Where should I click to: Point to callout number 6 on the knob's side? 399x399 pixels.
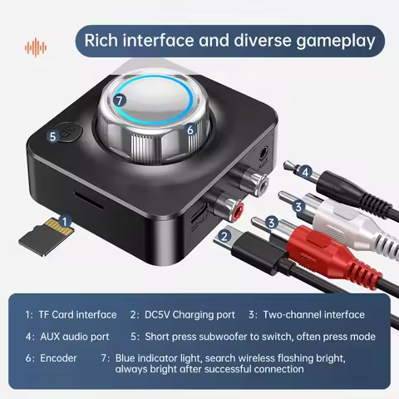click(x=190, y=130)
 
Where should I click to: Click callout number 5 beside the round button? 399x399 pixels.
click(x=52, y=135)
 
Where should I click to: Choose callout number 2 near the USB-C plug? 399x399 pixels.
click(x=223, y=237)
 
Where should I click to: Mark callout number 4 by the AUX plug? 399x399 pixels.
click(x=305, y=173)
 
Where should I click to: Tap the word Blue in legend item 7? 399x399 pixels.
click(x=128, y=357)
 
